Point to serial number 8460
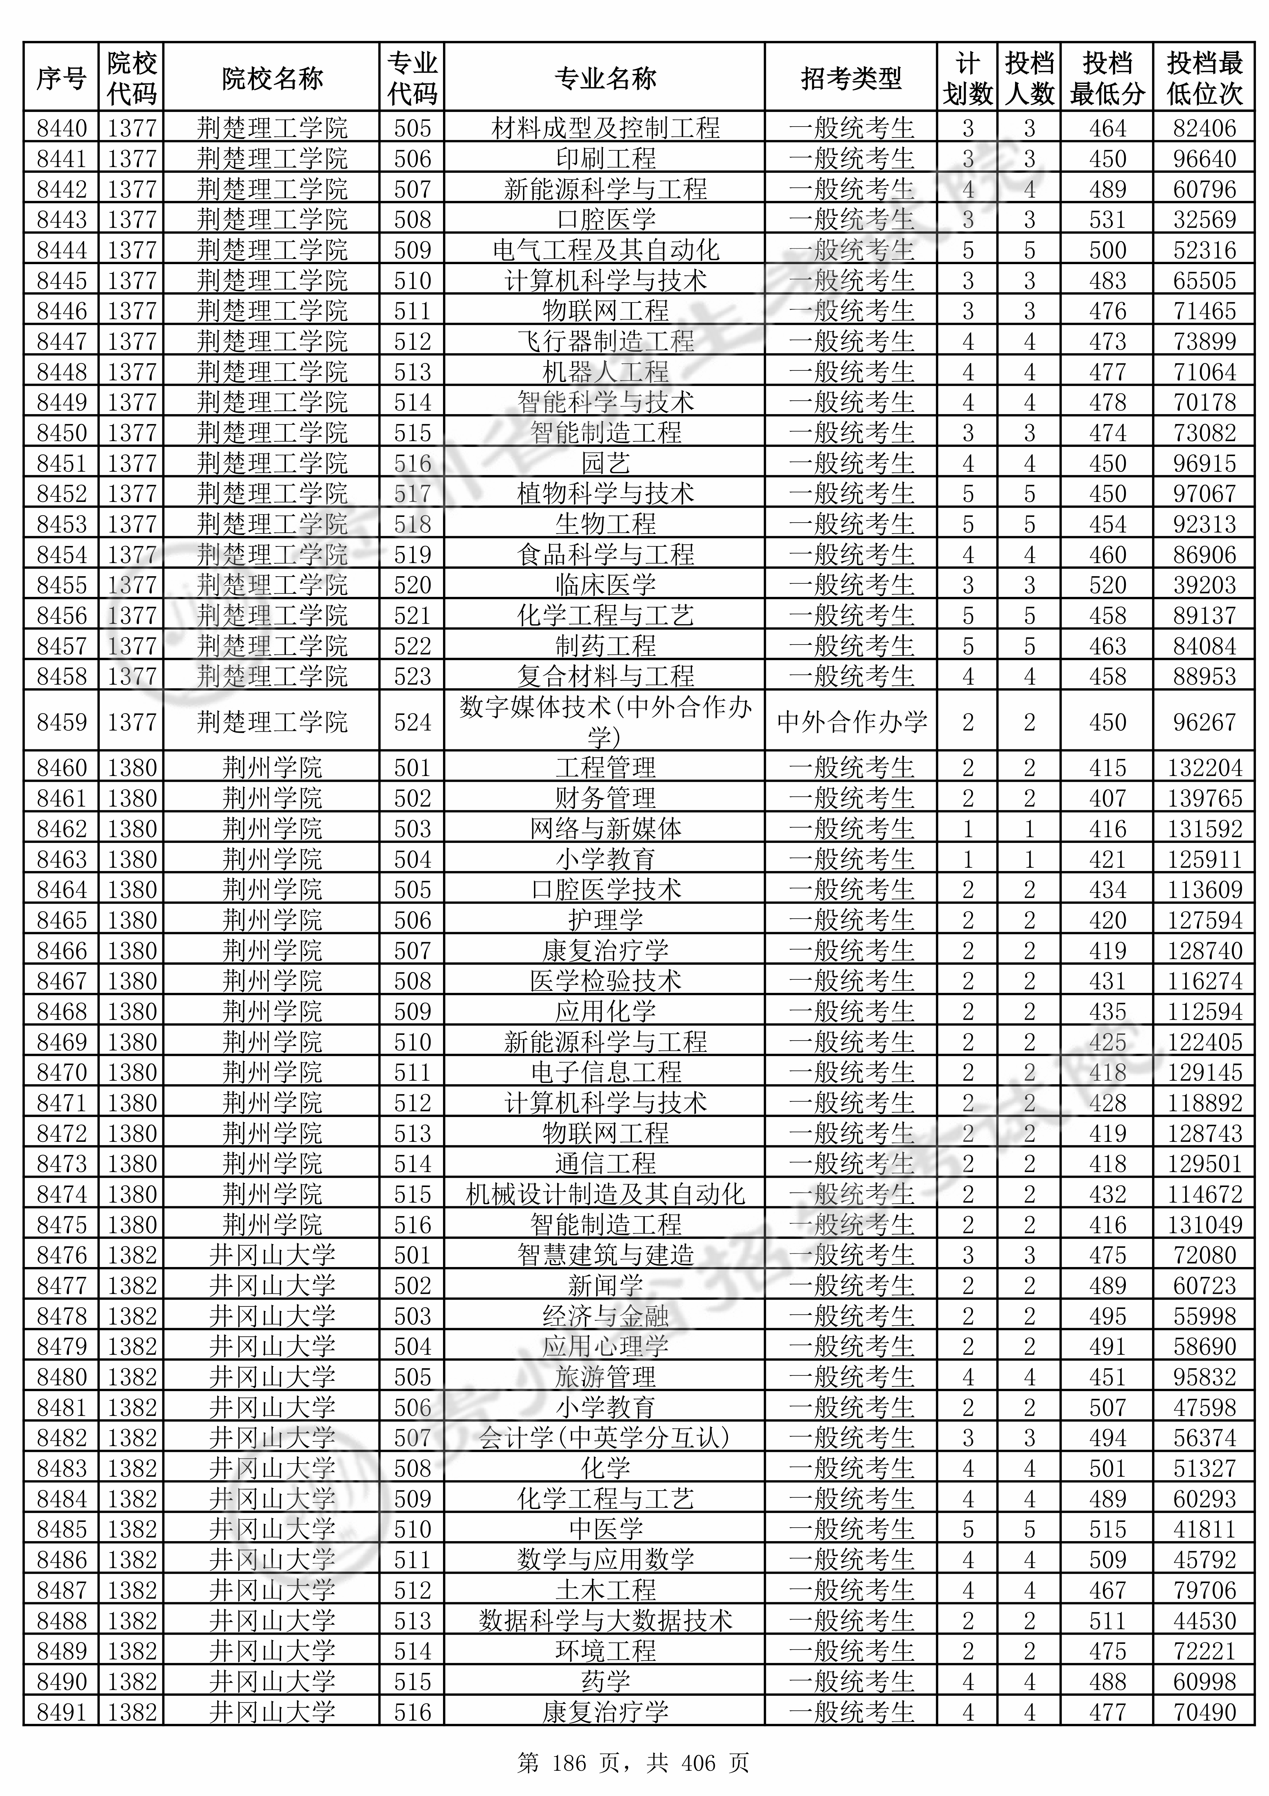[62, 768]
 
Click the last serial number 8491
[62, 1712]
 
